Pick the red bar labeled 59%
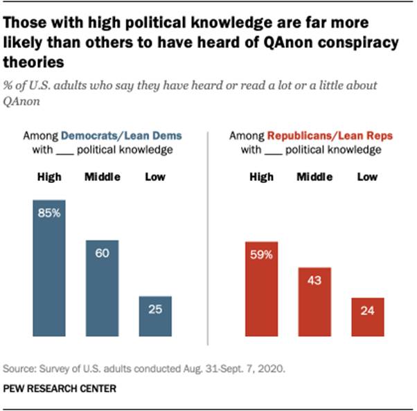point(261,289)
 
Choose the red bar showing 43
point(314,302)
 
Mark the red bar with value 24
point(367,317)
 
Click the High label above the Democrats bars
point(49,177)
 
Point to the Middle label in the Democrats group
point(102,177)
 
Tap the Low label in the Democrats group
point(154,177)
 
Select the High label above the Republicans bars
point(261,177)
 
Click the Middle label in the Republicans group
point(314,177)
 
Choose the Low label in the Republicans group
point(367,177)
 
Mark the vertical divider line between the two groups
point(208,236)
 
